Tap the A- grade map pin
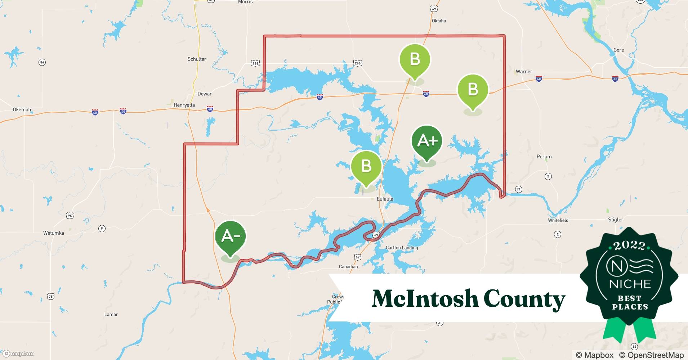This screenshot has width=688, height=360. click(x=230, y=237)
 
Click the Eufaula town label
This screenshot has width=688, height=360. click(x=385, y=199)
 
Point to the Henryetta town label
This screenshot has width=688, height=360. click(x=184, y=105)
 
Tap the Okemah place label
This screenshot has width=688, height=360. click(x=22, y=109)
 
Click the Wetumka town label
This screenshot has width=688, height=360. click(x=54, y=233)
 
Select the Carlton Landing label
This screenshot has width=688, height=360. click(x=402, y=248)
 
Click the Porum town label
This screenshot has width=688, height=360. click(x=544, y=157)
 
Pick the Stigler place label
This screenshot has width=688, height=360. click(x=616, y=220)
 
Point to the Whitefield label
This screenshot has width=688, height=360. click(x=558, y=220)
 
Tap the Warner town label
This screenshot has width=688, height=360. click(x=524, y=72)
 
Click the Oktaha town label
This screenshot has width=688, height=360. click(x=439, y=21)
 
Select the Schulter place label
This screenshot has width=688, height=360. click(x=197, y=59)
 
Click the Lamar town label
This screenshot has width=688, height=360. click(x=111, y=314)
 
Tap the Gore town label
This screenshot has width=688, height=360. click(x=618, y=50)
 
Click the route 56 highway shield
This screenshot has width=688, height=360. click(x=42, y=62)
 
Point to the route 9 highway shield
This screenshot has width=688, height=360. click(x=102, y=229)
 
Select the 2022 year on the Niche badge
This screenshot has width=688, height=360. click(x=629, y=246)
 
